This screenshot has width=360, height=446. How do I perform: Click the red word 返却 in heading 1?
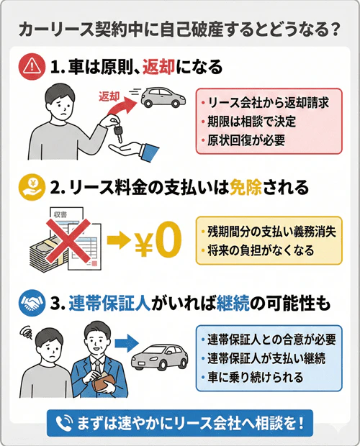[162, 68]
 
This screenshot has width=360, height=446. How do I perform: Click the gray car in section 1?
[163, 99]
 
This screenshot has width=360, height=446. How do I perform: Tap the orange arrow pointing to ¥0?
[116, 244]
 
